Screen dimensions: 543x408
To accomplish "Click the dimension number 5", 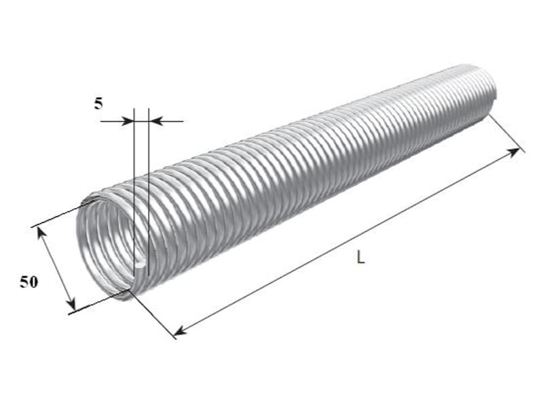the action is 98,103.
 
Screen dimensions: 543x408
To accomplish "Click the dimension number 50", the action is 29,282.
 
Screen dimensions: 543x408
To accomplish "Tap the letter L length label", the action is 360,258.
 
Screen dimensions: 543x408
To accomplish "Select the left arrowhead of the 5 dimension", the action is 128,122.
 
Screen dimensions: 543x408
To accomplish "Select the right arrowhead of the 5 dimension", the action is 155,122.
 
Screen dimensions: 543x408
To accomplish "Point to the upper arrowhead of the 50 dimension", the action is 41,233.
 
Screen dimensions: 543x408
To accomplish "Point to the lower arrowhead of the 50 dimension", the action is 71,304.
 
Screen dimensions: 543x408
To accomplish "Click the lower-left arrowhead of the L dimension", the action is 180,332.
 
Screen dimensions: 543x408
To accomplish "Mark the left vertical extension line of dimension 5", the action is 134,191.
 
